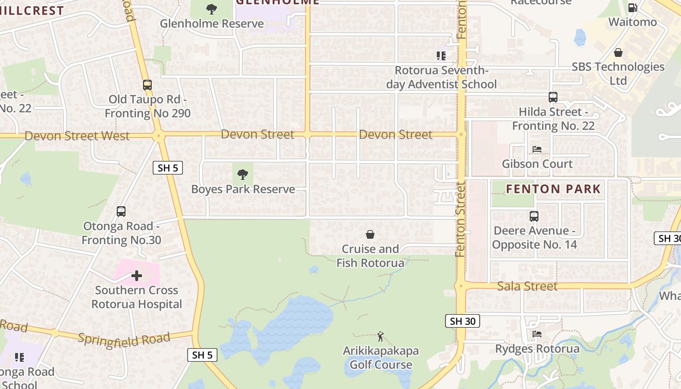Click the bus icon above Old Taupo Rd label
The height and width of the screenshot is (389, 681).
(147, 85)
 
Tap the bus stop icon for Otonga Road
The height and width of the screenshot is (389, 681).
(121, 212)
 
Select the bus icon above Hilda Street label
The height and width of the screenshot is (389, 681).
(553, 97)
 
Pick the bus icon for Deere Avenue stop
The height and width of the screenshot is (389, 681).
(534, 216)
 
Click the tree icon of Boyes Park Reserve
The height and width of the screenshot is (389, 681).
(243, 175)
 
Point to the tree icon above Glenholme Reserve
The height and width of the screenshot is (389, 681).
(212, 9)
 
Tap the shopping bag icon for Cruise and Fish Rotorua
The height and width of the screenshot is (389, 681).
(370, 234)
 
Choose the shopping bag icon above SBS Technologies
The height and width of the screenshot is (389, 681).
(618, 52)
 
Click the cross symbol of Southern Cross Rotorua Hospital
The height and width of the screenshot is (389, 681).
(137, 276)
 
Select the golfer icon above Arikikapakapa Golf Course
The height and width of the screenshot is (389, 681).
(380, 336)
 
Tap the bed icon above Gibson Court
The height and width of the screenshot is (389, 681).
(537, 149)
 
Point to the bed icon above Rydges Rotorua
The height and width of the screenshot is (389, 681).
(537, 334)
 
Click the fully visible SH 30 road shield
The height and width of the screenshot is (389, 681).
(462, 321)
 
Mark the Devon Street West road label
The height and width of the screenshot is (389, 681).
(77, 136)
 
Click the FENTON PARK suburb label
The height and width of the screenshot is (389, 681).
(554, 189)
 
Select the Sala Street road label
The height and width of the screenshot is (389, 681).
(527, 286)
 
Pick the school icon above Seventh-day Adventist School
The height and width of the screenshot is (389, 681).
(441, 56)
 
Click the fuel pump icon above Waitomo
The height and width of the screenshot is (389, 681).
(633, 7)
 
